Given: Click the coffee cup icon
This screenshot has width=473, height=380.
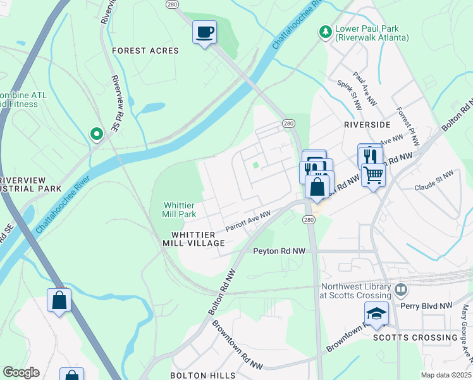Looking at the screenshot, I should (x=204, y=32).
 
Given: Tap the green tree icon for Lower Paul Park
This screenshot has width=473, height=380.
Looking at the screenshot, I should (x=325, y=32).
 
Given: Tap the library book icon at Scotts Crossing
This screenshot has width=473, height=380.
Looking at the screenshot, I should (x=400, y=290).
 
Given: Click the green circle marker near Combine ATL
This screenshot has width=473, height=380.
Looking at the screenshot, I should (x=96, y=134).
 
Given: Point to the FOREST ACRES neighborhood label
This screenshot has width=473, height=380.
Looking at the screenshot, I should (x=145, y=51).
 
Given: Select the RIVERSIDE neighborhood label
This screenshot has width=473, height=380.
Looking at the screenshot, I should (x=368, y=125).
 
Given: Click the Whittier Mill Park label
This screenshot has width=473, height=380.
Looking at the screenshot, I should (x=180, y=210).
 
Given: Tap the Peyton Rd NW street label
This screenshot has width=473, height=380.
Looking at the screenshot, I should (x=279, y=251).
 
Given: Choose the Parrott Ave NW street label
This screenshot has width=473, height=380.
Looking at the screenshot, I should (x=248, y=221).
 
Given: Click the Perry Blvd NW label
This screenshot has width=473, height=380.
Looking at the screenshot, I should (x=429, y=305).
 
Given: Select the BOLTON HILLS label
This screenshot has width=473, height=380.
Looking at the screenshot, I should (x=202, y=376).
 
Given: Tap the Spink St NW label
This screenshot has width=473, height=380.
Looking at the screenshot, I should (x=348, y=92).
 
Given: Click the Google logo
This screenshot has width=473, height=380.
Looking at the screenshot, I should (x=21, y=372).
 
